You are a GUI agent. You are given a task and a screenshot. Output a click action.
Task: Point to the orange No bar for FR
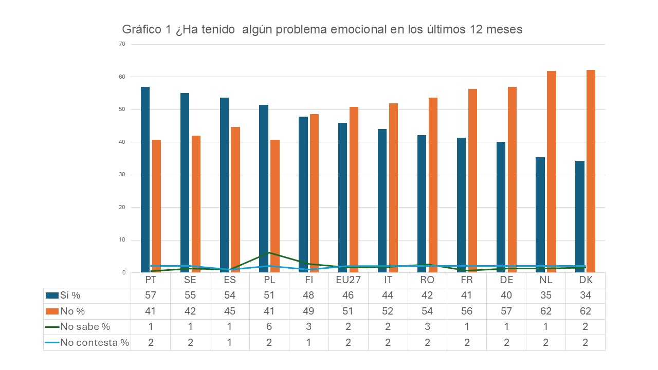tap(472, 180)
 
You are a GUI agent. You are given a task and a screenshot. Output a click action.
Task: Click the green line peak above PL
tap(268, 253)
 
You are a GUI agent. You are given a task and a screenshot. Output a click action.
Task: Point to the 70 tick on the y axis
tap(122, 44)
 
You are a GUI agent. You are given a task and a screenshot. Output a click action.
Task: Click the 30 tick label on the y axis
tap(122, 175)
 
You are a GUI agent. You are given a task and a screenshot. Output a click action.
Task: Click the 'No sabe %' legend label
tap(85, 327)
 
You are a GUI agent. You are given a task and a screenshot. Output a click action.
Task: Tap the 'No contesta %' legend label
tap(95, 343)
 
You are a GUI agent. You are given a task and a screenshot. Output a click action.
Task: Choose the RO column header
tap(427, 281)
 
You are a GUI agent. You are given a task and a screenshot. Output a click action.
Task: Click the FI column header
tap(309, 281)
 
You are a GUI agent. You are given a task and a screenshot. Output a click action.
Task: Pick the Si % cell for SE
tap(190, 295)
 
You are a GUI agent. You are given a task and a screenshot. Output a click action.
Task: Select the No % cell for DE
tap(506, 311)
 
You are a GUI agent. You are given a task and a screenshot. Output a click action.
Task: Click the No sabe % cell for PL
tap(269, 327)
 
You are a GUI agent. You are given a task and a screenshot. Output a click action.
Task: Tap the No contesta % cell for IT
tap(388, 343)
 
